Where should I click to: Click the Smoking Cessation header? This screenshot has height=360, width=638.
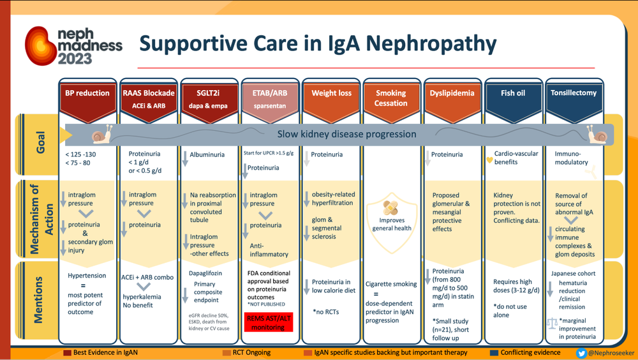click(391, 98)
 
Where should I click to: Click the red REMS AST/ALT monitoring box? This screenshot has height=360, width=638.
click(268, 322)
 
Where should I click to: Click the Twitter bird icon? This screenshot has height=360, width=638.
click(581, 353)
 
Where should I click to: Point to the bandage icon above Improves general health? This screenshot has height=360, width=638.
click(391, 208)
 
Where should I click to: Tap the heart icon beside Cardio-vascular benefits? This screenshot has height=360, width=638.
click(489, 160)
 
